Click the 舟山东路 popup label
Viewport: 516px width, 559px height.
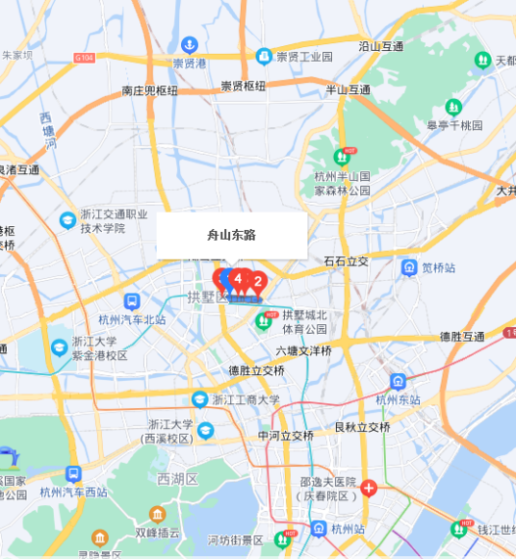tap(231, 235)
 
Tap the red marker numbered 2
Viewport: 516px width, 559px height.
tap(258, 282)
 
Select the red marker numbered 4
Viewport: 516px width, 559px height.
tap(238, 279)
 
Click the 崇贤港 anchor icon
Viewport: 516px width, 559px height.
tap(190, 44)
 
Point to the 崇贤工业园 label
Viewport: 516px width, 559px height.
tap(304, 58)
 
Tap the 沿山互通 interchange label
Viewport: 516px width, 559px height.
tap(380, 45)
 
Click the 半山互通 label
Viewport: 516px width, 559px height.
tap(348, 89)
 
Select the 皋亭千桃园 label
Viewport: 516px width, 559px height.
tap(454, 125)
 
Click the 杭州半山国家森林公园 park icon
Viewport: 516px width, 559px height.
tap(342, 157)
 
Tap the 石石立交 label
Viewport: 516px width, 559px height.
tap(346, 261)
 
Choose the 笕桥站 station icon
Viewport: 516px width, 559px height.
tap(409, 267)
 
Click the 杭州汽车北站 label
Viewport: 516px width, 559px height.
tap(132, 320)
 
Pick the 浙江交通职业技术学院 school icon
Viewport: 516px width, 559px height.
tap(67, 219)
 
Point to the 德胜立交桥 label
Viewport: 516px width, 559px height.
tap(257, 370)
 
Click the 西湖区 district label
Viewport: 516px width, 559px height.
tap(177, 478)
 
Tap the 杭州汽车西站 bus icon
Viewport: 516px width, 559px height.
tap(73, 474)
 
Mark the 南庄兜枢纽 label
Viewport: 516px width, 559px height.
tap(149, 90)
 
